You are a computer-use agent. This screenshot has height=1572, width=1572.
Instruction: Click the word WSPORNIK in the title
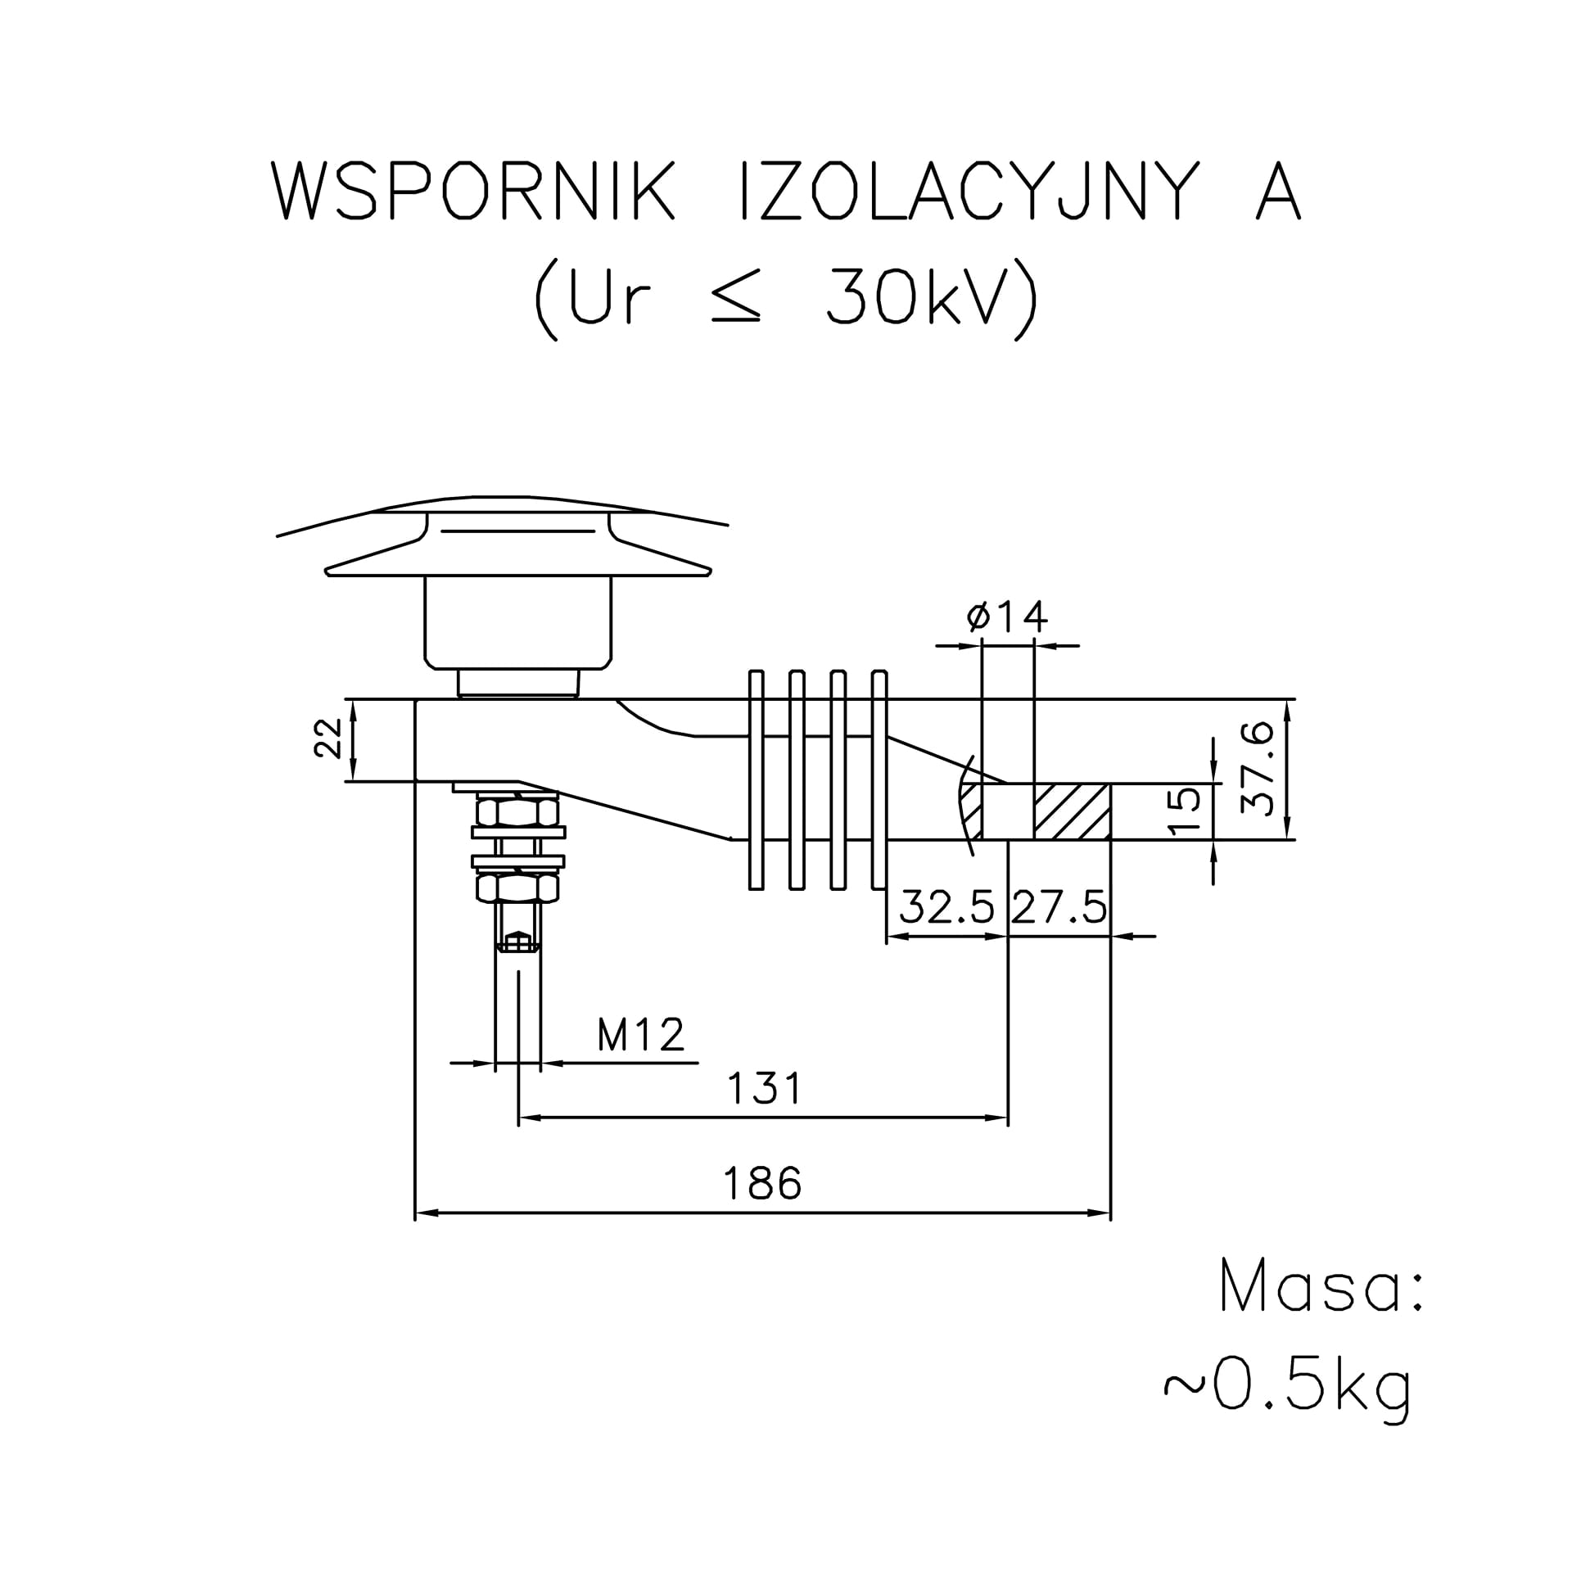pyautogui.click(x=473, y=191)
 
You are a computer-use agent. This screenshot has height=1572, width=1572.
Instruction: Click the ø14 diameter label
pyautogui.click(x=1007, y=617)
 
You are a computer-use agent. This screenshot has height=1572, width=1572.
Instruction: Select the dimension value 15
pyautogui.click(x=1185, y=811)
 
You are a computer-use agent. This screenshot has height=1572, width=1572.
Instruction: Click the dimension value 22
pyautogui.click(x=328, y=739)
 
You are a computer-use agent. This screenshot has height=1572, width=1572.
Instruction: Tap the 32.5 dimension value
pyautogui.click(x=947, y=907)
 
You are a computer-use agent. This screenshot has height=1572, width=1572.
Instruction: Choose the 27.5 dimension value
pyautogui.click(x=1059, y=907)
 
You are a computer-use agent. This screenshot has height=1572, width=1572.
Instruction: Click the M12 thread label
pyautogui.click(x=641, y=1035)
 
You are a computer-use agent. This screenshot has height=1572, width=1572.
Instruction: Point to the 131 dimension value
pyautogui.click(x=766, y=1089)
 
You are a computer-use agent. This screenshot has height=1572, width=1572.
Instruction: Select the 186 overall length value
pyautogui.click(x=763, y=1184)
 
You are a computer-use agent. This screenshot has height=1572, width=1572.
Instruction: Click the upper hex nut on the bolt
pyautogui.click(x=517, y=812)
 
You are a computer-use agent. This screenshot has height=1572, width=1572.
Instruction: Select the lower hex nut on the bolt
pyautogui.click(x=517, y=887)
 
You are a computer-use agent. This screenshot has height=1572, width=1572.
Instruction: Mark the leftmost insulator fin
pyautogui.click(x=757, y=779)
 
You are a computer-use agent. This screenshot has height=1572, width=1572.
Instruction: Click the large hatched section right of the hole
pyautogui.click(x=1073, y=811)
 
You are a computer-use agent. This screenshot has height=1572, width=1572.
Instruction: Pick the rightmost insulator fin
pyautogui.click(x=879, y=779)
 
